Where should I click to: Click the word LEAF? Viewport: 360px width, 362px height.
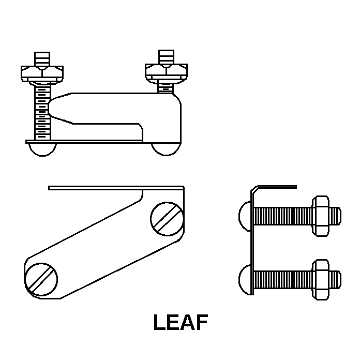point(181,323)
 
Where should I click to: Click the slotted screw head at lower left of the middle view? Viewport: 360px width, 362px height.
point(41,279)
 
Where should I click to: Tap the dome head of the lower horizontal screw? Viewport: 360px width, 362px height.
point(245,278)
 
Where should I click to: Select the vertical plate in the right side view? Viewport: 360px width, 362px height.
point(252,243)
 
